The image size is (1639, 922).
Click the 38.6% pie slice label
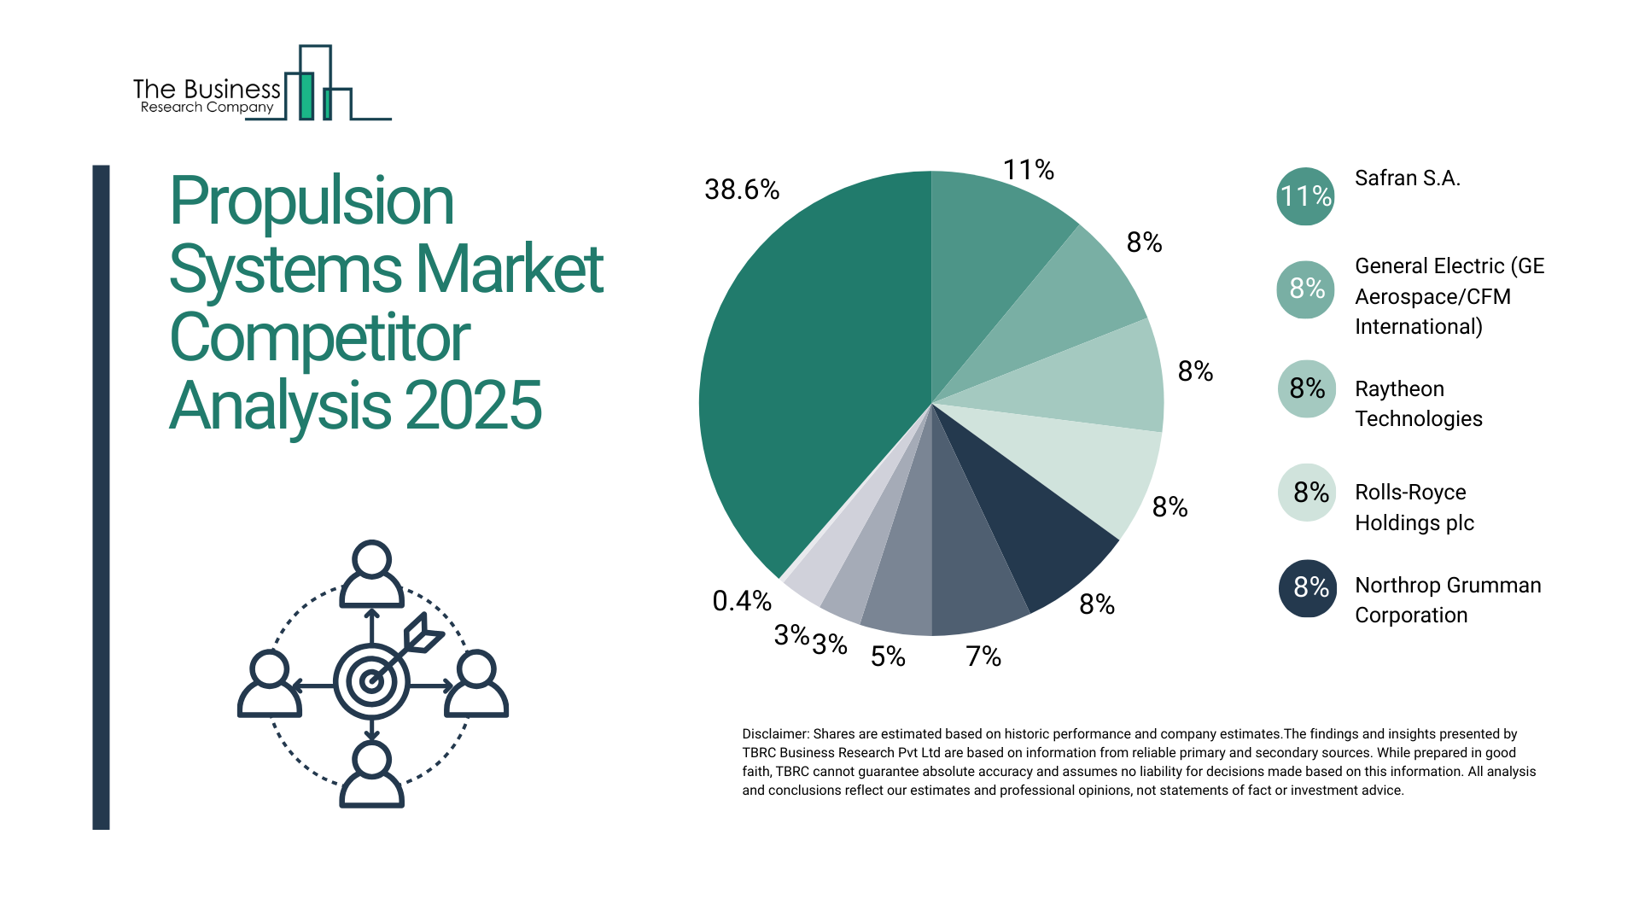point(741,190)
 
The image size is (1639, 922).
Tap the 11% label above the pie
point(1028,170)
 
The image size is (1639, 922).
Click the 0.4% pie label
point(741,601)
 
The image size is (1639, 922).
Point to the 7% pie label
point(983,656)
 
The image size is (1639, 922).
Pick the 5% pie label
point(887,656)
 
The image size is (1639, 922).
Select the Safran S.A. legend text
point(1407,178)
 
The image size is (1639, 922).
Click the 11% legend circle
point(1305,196)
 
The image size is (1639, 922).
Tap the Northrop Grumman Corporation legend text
point(1448,599)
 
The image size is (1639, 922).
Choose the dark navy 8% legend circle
point(1308,587)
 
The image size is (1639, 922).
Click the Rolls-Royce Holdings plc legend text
point(1414,507)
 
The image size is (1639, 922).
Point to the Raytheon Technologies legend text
point(1418,403)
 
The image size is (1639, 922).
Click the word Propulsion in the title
point(312,202)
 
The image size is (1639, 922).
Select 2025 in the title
point(473,406)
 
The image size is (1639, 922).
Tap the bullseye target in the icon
point(371,681)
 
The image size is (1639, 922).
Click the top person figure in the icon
point(371,575)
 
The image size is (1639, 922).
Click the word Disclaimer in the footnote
point(774,733)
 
